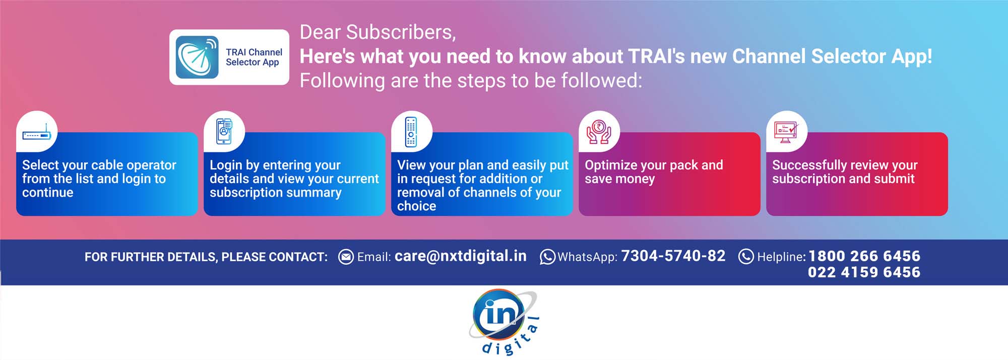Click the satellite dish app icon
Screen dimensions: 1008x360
(197, 57)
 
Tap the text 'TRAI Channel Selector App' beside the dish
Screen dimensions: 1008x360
(254, 57)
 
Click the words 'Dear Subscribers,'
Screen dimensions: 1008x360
(378, 32)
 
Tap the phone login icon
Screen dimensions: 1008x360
(224, 131)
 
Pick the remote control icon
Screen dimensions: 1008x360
(411, 132)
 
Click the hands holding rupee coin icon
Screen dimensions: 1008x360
(599, 132)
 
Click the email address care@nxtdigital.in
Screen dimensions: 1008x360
(461, 256)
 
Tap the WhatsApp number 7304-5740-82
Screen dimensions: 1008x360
(673, 256)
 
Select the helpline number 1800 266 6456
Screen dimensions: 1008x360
(864, 256)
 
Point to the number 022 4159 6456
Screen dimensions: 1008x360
(864, 272)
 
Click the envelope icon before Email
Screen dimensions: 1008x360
(346, 257)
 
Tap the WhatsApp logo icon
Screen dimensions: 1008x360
(547, 257)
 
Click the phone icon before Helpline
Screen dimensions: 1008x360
(746, 257)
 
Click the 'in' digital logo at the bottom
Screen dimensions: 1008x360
(504, 322)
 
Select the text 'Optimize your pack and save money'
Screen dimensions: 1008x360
(654, 172)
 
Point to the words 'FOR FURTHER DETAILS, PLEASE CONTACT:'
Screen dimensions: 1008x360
(206, 257)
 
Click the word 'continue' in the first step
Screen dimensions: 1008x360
(48, 193)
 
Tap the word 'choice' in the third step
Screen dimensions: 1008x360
(417, 206)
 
